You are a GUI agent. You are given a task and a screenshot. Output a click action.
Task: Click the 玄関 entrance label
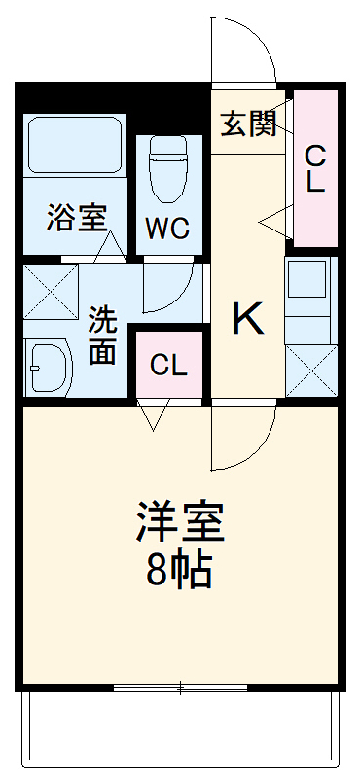click(x=247, y=123)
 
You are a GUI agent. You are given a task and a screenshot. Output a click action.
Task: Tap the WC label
click(x=168, y=229)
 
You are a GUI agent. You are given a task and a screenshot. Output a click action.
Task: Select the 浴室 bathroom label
click(x=76, y=219)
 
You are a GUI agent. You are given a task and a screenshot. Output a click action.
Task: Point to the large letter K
click(x=247, y=319)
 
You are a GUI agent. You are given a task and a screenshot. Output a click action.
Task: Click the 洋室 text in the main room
click(x=180, y=523)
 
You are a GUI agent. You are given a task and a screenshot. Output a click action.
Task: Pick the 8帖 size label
click(x=180, y=572)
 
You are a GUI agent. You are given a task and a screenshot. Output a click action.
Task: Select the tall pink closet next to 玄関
click(x=315, y=167)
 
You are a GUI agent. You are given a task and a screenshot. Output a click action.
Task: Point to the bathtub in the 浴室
click(x=75, y=146)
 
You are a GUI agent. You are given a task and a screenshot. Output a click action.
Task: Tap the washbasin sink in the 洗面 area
click(x=49, y=367)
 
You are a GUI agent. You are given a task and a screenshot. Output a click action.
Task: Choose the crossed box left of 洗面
click(x=52, y=289)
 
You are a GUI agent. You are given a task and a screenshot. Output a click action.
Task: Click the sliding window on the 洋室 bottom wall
click(x=180, y=689)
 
